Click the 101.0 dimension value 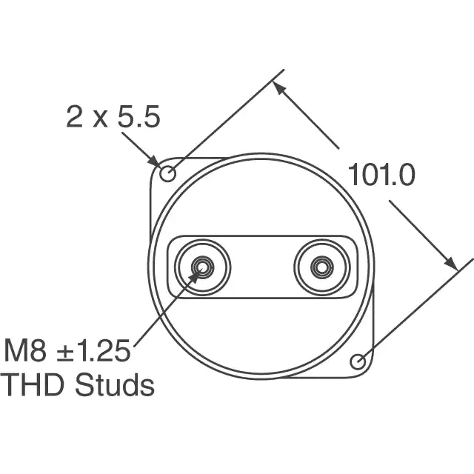click(381, 175)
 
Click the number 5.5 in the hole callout click(138, 117)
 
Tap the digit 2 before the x click(74, 117)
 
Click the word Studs click(115, 385)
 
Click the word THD click(33, 385)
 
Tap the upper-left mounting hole click(167, 174)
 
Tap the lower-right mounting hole click(358, 361)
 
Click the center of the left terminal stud click(202, 267)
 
